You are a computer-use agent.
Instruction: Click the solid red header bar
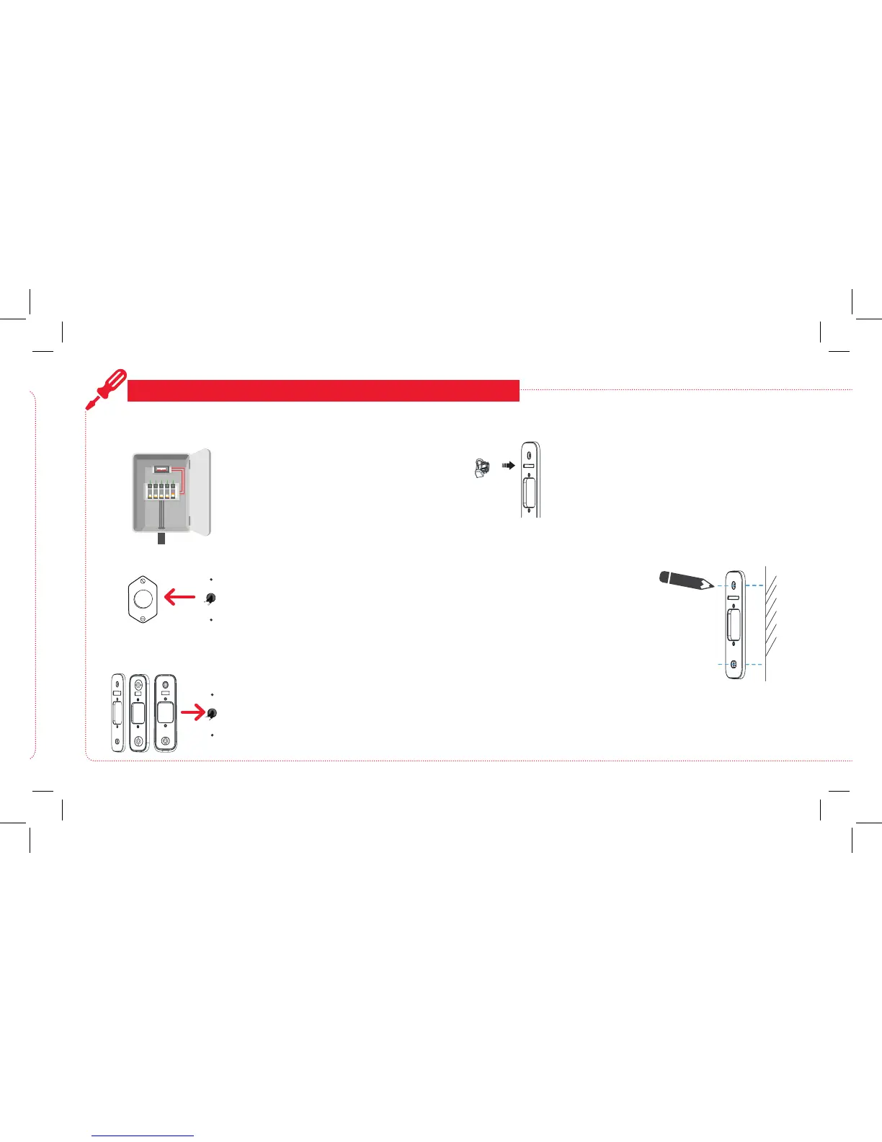click(x=323, y=390)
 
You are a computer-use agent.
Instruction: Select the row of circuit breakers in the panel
click(x=161, y=492)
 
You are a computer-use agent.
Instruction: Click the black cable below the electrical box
click(x=161, y=539)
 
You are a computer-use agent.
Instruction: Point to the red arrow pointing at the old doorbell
click(x=179, y=597)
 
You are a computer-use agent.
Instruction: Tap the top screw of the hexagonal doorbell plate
click(x=143, y=579)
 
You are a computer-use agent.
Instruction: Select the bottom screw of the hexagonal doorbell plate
click(x=143, y=619)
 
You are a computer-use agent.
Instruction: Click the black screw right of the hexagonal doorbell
click(x=210, y=598)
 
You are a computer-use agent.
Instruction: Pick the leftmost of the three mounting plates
click(x=117, y=714)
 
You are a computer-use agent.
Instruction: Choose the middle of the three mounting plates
click(x=138, y=713)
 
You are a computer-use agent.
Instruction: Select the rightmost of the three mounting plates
click(x=165, y=712)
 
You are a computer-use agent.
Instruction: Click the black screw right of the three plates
click(x=211, y=714)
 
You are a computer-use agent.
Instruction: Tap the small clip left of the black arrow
click(x=481, y=468)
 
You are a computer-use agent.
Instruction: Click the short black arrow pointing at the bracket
click(x=508, y=466)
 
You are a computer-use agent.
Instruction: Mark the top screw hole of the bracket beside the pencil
click(x=734, y=585)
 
